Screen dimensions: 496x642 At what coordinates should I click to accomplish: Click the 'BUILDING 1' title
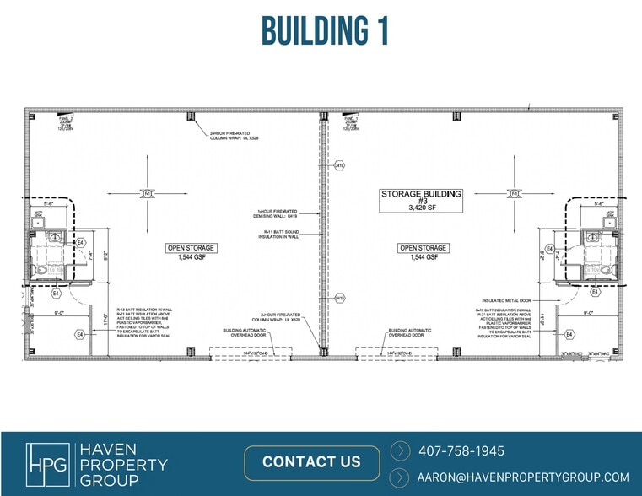click(325, 30)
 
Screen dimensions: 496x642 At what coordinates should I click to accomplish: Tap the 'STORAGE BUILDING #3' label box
click(421, 199)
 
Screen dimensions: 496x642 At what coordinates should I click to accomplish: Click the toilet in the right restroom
click(605, 270)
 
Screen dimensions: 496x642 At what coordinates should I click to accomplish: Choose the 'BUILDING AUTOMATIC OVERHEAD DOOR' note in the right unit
click(411, 332)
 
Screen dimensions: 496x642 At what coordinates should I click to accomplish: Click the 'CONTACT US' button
click(311, 461)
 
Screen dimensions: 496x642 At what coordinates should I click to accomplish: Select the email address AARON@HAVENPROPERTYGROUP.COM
click(523, 477)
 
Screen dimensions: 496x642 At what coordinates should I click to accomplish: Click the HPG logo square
click(48, 463)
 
